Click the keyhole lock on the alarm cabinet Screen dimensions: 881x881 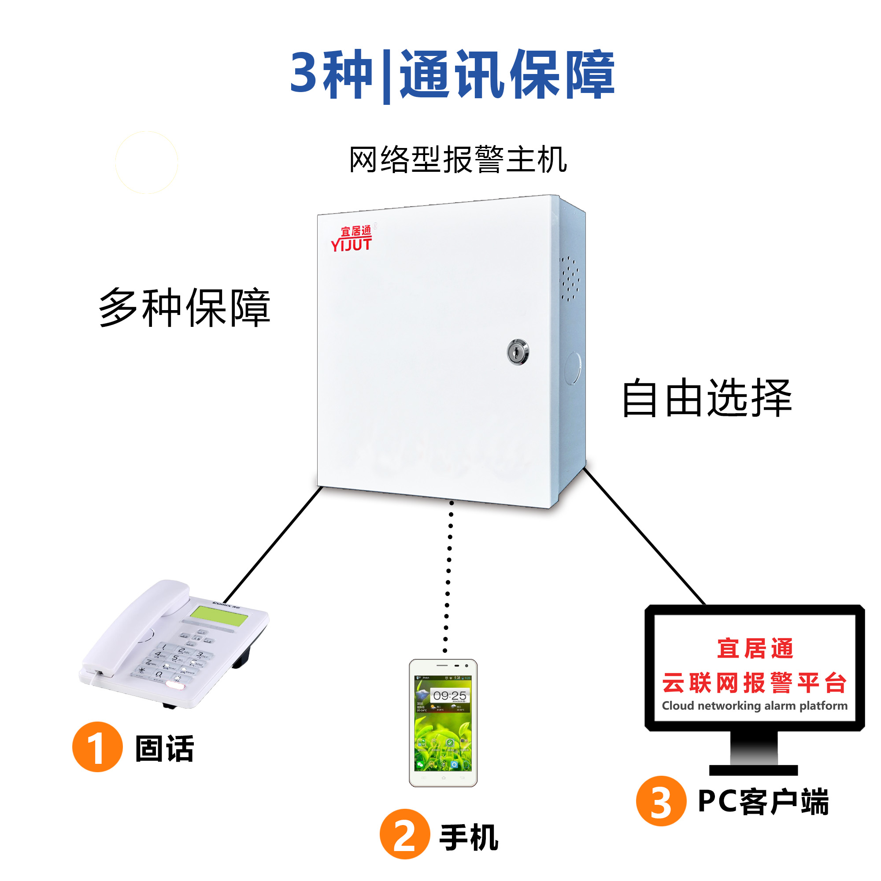[x=518, y=352]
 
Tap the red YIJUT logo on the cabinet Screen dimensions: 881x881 [x=351, y=239]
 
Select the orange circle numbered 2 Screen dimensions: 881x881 [x=404, y=833]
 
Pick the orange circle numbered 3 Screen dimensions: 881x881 [x=661, y=801]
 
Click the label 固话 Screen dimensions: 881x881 [x=165, y=748]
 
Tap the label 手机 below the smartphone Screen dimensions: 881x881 [x=469, y=837]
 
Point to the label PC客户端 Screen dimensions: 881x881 [x=763, y=801]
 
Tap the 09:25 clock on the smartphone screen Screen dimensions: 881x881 [x=450, y=696]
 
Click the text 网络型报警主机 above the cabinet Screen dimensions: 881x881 [x=458, y=160]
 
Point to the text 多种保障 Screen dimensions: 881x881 [x=185, y=308]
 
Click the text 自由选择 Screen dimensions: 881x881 [x=707, y=398]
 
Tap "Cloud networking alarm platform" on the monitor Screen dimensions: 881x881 [x=755, y=705]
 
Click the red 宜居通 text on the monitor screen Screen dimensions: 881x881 [x=755, y=648]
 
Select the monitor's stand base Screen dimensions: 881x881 [x=753, y=770]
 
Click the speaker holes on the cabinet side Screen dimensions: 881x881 [x=569, y=278]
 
